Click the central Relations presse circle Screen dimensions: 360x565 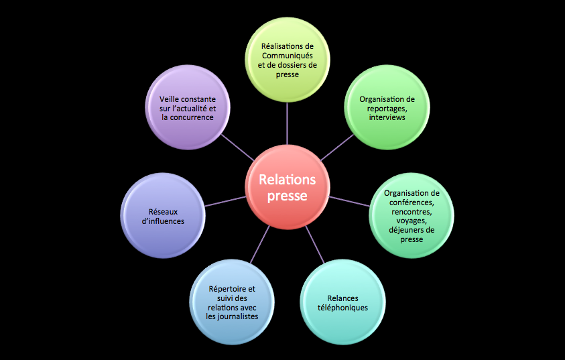tap(287, 188)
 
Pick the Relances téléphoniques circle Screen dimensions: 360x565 tap(342, 303)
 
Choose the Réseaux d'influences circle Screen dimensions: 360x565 tap(163, 215)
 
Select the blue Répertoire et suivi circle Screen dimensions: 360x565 tap(232, 303)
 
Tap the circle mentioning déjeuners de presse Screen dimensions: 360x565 tap(412, 215)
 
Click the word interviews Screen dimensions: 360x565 tap(387, 117)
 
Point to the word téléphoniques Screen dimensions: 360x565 tap(342, 308)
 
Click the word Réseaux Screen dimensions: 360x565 tap(163, 211)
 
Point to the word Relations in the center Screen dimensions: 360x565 tap(287, 180)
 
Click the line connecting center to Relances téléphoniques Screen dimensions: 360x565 tap(314, 244)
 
